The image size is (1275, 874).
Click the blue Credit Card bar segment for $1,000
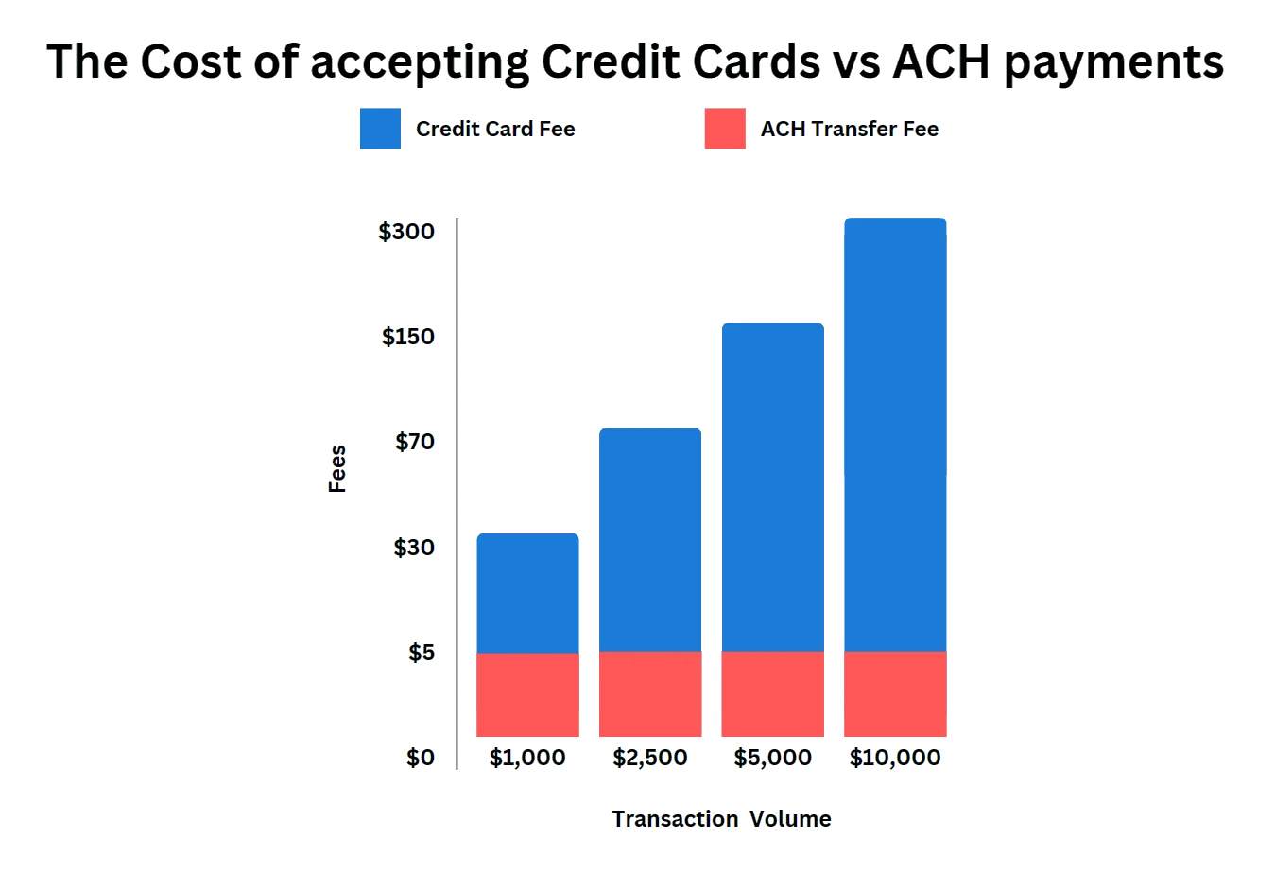point(527,592)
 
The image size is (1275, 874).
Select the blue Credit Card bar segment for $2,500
point(649,539)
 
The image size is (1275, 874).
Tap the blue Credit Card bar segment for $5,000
point(771,486)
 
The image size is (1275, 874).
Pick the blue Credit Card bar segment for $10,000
point(894,434)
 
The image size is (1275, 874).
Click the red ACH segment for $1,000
point(527,695)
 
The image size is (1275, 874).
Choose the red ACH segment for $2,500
point(649,695)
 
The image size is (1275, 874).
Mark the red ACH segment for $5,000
point(771,695)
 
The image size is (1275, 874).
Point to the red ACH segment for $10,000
point(894,695)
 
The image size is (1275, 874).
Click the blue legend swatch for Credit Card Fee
point(378,129)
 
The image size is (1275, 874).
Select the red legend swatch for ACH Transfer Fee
point(725,129)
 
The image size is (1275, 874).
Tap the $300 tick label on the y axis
point(407,232)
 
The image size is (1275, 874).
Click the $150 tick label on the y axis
point(407,337)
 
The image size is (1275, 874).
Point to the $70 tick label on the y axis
point(413,442)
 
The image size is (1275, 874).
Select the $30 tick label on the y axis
point(413,548)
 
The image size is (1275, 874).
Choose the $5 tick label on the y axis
point(421,653)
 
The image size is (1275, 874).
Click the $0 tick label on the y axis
point(421,758)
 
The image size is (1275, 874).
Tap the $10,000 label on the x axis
point(894,758)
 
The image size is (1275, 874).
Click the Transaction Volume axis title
point(722,819)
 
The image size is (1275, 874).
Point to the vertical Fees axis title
point(337,467)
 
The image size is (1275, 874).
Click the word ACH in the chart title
point(940,63)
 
